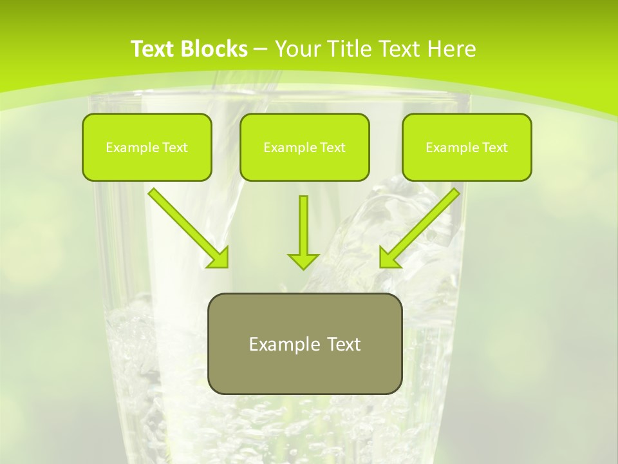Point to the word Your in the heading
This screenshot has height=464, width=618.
[x=297, y=49]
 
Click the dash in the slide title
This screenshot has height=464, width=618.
[x=261, y=50]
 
